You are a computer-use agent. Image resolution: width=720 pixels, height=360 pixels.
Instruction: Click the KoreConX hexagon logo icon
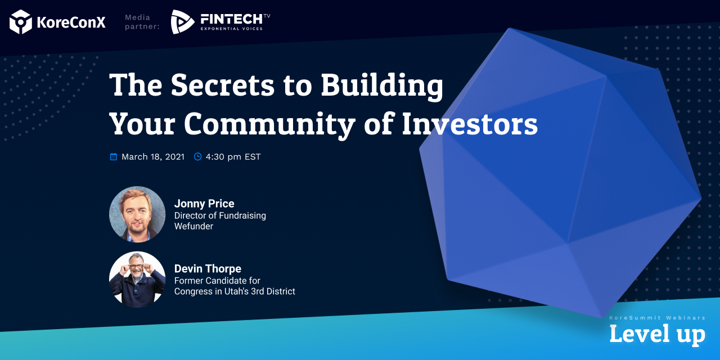tap(21, 22)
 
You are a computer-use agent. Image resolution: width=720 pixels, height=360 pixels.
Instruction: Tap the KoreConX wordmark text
tap(71, 22)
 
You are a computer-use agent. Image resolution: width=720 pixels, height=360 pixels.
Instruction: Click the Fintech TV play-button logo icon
tap(182, 21)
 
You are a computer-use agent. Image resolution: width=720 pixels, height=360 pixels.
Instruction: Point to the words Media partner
tap(142, 22)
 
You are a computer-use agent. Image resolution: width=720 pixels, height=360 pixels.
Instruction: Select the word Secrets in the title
tap(222, 85)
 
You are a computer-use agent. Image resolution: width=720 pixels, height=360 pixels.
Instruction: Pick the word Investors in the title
tap(470, 124)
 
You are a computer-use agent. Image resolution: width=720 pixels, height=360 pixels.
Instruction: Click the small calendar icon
tap(114, 156)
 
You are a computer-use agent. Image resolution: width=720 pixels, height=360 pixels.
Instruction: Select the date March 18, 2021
tap(153, 157)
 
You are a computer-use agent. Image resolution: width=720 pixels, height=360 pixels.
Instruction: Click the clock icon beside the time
tap(197, 156)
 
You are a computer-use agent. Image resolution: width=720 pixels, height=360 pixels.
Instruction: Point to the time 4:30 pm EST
tap(233, 157)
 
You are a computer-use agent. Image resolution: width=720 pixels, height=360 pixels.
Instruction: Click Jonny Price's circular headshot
tap(137, 214)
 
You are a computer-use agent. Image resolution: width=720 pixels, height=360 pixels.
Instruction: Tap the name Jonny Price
tap(204, 204)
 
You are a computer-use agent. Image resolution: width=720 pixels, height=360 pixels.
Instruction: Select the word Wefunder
tap(193, 226)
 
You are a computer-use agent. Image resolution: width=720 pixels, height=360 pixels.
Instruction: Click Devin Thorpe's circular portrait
tap(137, 280)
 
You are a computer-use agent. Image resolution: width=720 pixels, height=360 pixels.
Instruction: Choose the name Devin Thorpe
tap(208, 269)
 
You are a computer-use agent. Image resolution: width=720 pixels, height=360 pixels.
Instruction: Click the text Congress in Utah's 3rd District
tap(235, 291)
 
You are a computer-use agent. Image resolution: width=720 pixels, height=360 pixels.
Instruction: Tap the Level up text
tap(658, 334)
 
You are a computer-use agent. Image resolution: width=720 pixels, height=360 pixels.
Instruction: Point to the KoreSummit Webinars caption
tap(658, 318)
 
